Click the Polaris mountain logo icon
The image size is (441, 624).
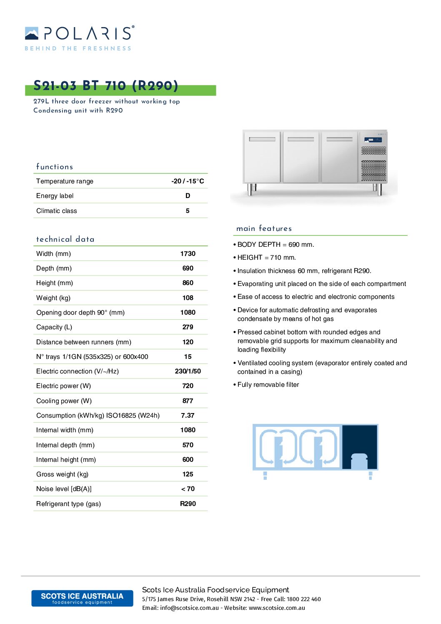coord(32,33)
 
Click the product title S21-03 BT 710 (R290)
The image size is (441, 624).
coord(106,86)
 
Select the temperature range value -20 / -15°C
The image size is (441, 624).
coord(188,181)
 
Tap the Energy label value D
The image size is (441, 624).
coord(188,196)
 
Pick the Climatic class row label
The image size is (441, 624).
coord(57,211)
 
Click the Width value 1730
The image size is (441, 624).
coord(188,254)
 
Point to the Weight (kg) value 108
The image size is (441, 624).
coord(188,298)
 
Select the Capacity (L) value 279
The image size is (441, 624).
coord(188,327)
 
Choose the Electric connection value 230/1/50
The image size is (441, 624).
coord(188,371)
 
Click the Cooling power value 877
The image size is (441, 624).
coord(188,401)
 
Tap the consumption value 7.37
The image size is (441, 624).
coord(188,416)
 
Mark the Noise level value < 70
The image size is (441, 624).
coord(188,489)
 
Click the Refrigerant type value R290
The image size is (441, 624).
coord(188,504)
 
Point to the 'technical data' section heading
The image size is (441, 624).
coord(65,239)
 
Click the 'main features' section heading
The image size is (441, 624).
coord(264,228)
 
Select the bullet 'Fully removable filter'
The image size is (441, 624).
coord(268,385)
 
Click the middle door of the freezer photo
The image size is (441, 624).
coord(301,157)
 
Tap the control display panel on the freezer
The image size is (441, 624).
coord(373,140)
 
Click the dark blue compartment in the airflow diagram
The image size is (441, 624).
coord(360,447)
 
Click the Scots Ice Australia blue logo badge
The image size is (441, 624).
coord(82,598)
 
